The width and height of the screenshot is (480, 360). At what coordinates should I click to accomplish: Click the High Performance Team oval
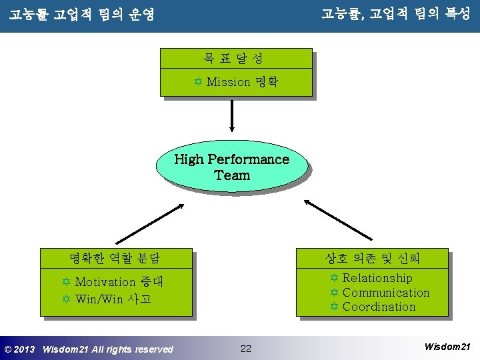(x=231, y=167)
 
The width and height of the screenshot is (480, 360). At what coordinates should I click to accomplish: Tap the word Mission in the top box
(x=228, y=83)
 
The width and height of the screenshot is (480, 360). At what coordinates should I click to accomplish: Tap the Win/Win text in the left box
(x=99, y=299)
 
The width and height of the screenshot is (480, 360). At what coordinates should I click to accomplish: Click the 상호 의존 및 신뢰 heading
(x=372, y=257)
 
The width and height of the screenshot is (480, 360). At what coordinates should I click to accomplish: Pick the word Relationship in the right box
(x=377, y=278)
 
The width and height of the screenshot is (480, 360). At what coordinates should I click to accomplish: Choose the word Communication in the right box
(x=386, y=293)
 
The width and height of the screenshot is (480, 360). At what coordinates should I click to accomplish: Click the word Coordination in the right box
(x=379, y=307)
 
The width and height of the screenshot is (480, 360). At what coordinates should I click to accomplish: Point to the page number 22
(x=245, y=349)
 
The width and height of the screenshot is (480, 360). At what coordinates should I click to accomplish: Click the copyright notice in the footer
(x=89, y=349)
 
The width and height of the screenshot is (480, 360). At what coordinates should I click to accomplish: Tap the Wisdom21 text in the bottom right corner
(x=447, y=347)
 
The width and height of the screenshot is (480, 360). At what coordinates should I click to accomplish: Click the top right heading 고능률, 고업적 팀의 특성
(x=395, y=13)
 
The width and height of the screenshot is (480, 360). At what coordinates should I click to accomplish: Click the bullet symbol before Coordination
(x=335, y=307)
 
